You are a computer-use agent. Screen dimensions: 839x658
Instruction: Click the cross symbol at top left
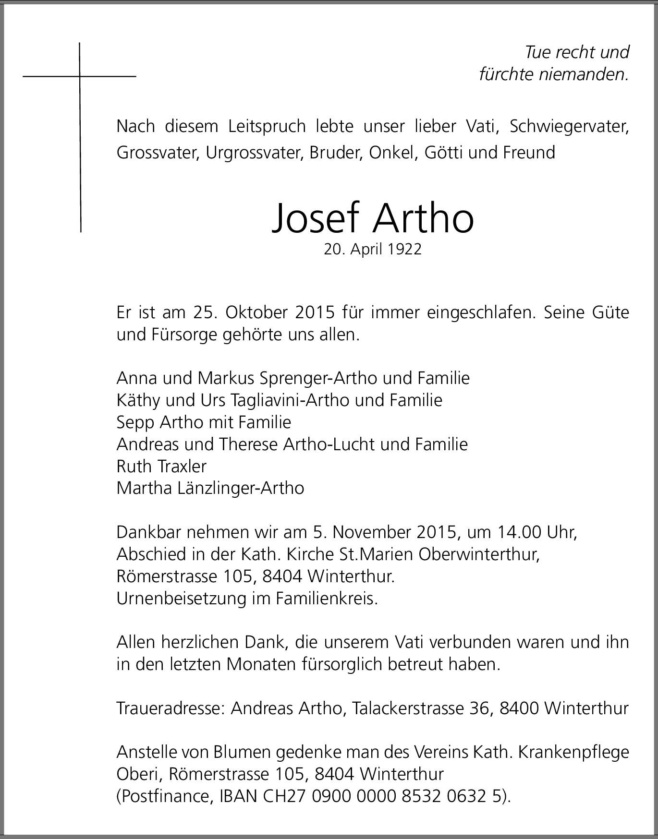(80, 77)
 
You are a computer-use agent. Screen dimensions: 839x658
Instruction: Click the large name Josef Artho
(373, 218)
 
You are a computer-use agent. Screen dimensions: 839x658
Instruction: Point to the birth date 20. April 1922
(373, 250)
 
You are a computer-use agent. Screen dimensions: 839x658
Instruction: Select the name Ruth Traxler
(161, 466)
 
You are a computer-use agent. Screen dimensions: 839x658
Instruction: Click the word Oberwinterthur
(479, 554)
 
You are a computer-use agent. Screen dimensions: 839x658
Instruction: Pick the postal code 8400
(519, 708)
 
